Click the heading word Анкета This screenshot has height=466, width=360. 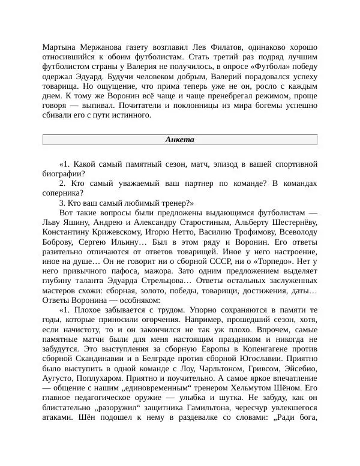[x=179, y=140]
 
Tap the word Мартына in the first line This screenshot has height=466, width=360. [x=62, y=47]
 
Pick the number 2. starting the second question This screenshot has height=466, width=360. [x=63, y=183]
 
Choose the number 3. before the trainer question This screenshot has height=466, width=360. [x=63, y=203]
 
